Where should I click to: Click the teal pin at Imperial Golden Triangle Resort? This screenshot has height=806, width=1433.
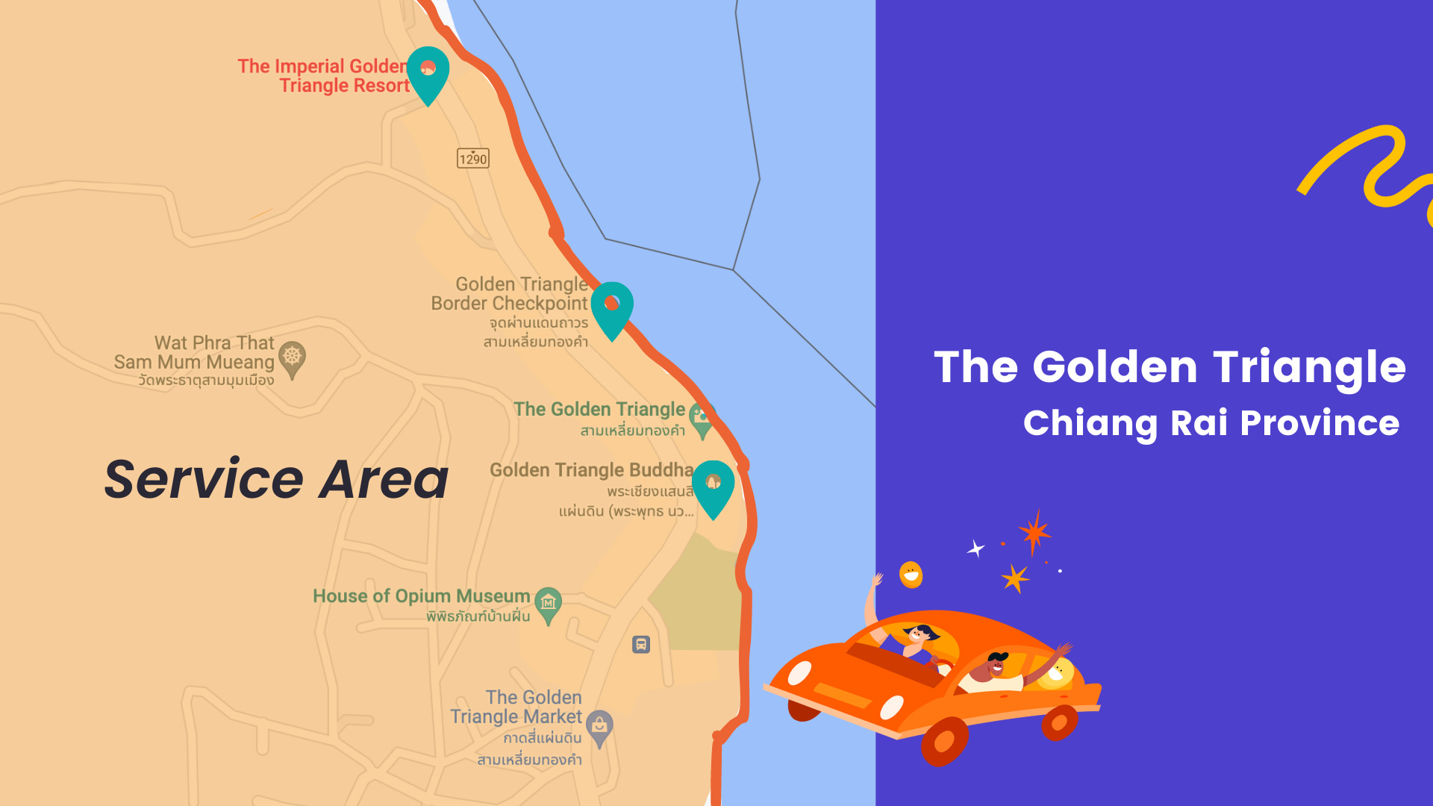click(x=428, y=72)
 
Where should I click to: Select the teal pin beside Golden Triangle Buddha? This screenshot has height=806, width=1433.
click(x=713, y=485)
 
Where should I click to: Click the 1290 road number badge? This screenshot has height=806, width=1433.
click(x=473, y=158)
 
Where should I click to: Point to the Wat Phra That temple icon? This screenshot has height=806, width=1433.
click(x=292, y=358)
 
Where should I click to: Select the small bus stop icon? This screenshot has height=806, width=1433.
click(x=641, y=644)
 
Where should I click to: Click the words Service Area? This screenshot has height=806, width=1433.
click(x=276, y=479)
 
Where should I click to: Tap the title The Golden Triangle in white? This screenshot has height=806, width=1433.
click(x=1170, y=367)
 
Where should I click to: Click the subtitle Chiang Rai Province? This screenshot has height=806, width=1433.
click(x=1211, y=423)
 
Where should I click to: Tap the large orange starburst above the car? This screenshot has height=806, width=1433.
click(x=1034, y=533)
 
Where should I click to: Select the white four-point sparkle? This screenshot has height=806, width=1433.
click(x=975, y=549)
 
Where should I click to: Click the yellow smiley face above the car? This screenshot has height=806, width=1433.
click(x=911, y=575)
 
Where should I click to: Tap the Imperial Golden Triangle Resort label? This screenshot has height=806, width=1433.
click(x=324, y=76)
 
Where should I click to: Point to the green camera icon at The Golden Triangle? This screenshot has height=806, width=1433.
click(x=702, y=419)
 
